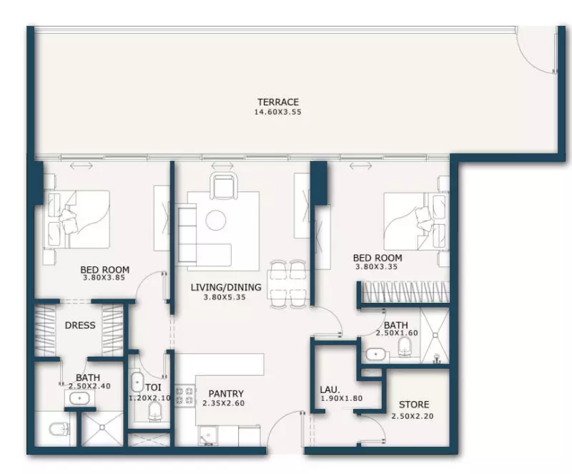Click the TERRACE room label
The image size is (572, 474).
click(278, 102)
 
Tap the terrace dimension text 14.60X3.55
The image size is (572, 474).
click(278, 112)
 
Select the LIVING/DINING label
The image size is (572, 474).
click(226, 287)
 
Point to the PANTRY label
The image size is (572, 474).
click(226, 394)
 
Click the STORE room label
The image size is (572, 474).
click(414, 405)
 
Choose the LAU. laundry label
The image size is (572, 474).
click(330, 390)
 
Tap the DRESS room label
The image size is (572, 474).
click(80, 325)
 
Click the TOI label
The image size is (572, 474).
click(153, 387)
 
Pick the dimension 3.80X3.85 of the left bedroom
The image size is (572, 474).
click(104, 278)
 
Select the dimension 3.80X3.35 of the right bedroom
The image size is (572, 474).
click(377, 266)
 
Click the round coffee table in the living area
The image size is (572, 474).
click(216, 220)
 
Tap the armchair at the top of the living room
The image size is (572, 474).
click(223, 186)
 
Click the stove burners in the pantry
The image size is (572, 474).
click(184, 397)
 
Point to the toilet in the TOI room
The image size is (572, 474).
click(154, 412)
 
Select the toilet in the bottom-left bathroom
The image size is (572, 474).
click(59, 430)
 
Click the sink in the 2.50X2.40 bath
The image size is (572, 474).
click(79, 398)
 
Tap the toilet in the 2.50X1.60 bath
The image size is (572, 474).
click(404, 346)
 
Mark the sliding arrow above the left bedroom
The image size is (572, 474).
click(82, 166)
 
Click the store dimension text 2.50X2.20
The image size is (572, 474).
click(413, 416)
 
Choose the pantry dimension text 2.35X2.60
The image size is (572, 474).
click(223, 403)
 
